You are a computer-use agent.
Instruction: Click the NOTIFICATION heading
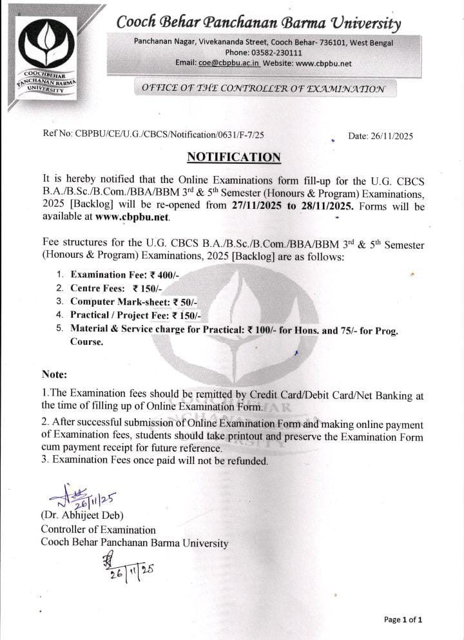234,157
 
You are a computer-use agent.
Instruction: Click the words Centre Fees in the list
97,288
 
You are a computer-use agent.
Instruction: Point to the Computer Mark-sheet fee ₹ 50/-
184,302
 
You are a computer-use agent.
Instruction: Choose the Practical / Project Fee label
119,315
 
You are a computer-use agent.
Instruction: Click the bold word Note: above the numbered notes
55,374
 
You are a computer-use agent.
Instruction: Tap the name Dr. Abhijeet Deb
82,516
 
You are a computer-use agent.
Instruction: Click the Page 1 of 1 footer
403,620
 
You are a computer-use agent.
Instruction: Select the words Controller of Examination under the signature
98,530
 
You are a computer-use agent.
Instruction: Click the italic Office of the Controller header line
259,88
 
